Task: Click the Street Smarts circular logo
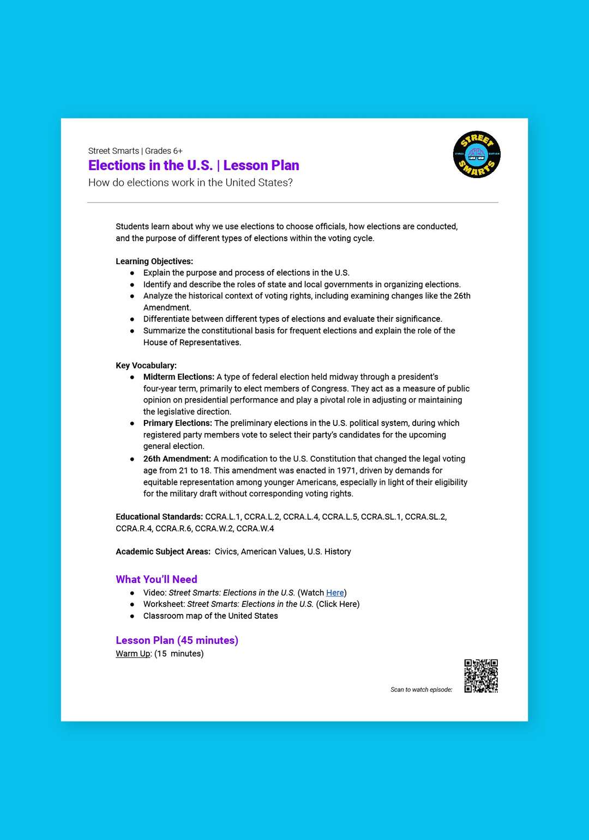tap(477, 155)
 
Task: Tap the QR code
tap(481, 676)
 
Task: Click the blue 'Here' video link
tap(335, 593)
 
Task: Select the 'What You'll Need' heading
tap(157, 579)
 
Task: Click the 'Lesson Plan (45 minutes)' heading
tap(177, 640)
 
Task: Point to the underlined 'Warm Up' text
tap(133, 654)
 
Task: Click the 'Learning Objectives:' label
tap(154, 261)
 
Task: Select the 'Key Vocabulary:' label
tap(146, 366)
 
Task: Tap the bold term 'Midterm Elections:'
tap(179, 377)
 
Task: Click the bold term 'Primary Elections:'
tap(177, 423)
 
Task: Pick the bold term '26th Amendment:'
tap(177, 459)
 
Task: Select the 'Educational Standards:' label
tap(159, 517)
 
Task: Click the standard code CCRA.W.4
tap(255, 528)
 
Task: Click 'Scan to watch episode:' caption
tap(422, 690)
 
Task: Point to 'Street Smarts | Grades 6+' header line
tap(135, 151)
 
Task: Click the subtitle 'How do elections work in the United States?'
tap(190, 182)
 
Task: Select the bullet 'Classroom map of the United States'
tap(211, 616)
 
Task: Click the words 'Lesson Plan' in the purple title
tap(261, 166)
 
